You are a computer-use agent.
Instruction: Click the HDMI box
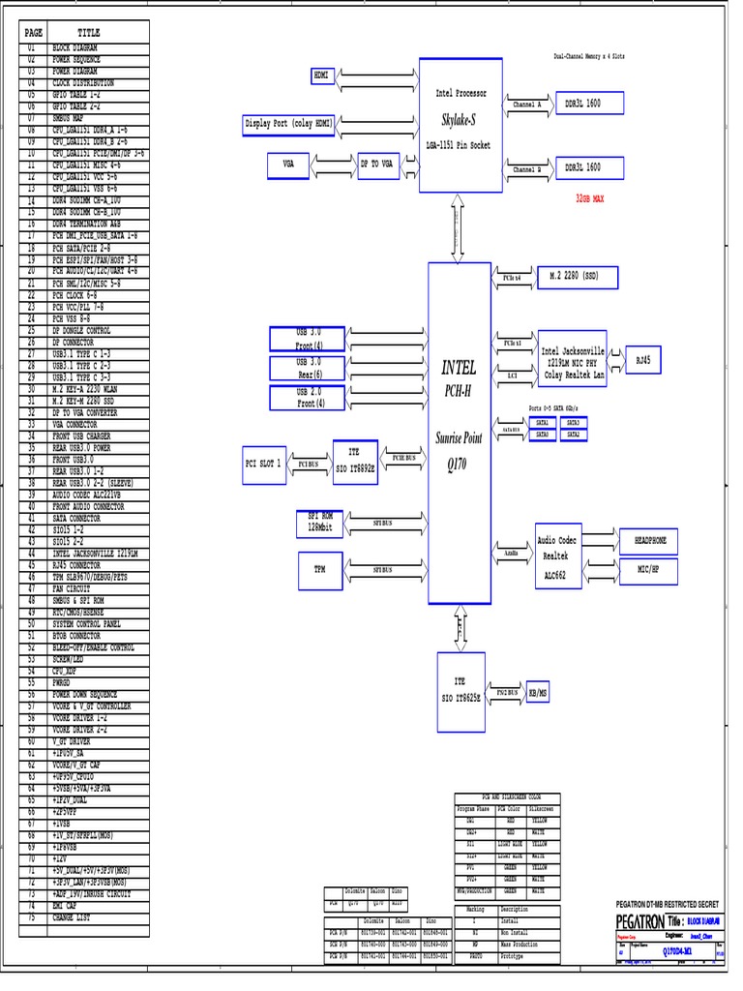pyautogui.click(x=321, y=75)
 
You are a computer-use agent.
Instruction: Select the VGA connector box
pyautogui.click(x=288, y=165)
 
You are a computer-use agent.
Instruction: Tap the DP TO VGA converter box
pyautogui.click(x=376, y=165)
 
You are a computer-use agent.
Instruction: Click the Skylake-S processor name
pyautogui.click(x=460, y=120)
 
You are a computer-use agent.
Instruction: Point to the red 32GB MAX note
pyautogui.click(x=589, y=197)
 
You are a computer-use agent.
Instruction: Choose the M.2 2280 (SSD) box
pyautogui.click(x=577, y=278)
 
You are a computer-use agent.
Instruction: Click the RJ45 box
pyautogui.click(x=642, y=359)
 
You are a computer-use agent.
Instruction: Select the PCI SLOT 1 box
pyautogui.click(x=262, y=465)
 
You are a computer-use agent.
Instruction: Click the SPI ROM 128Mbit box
pyautogui.click(x=319, y=523)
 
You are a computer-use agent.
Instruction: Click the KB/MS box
pyautogui.click(x=535, y=693)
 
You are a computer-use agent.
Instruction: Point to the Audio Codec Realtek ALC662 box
pyautogui.click(x=558, y=556)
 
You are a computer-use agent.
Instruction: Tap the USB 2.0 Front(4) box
pyautogui.click(x=310, y=397)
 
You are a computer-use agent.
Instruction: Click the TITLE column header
pyautogui.click(x=88, y=33)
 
